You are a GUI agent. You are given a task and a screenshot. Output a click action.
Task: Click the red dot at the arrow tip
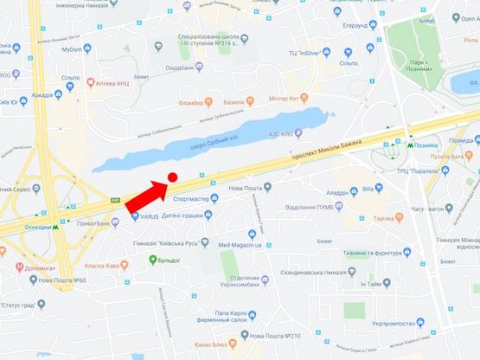pyautogui.click(x=171, y=177)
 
